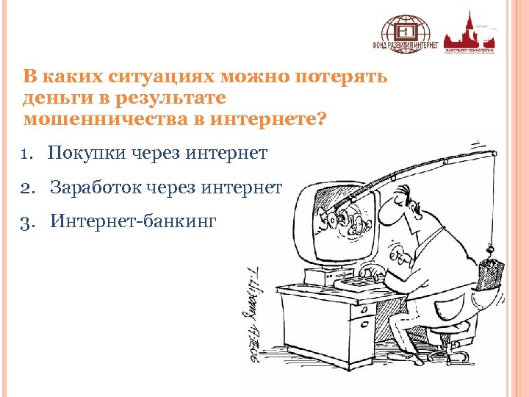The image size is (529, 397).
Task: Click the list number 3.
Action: click(28, 221)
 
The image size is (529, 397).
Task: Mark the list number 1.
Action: click(27, 154)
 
